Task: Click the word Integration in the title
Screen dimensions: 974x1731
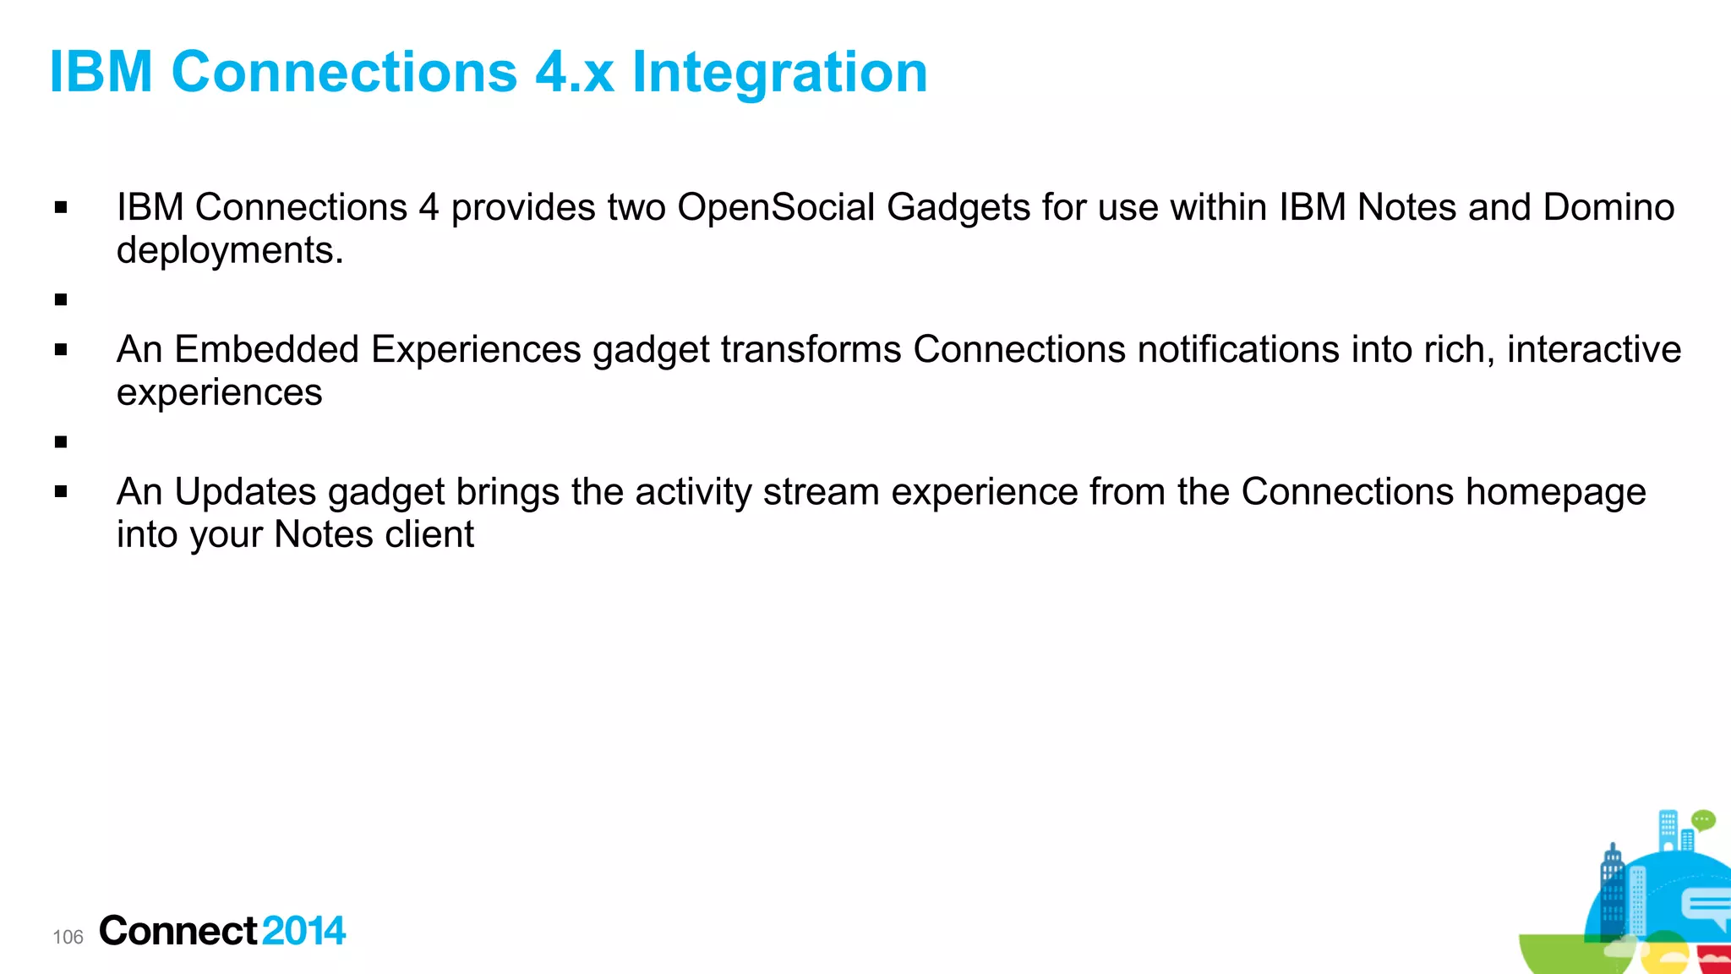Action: coord(779,72)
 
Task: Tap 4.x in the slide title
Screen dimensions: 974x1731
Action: coord(574,72)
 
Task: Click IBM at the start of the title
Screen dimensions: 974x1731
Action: coord(101,72)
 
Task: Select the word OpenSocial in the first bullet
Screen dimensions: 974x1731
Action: coord(775,208)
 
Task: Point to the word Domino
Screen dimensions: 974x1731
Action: coord(1608,208)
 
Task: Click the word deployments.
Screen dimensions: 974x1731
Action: coord(229,251)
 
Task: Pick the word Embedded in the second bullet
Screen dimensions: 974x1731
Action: coord(266,350)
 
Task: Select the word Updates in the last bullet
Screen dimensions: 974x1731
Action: coord(245,492)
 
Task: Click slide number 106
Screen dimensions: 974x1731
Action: coord(68,937)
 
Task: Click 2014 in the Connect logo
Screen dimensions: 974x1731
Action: coord(303,931)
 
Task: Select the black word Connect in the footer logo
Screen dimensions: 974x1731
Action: coord(177,931)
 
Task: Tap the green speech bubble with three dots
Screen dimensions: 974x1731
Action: coord(1703,820)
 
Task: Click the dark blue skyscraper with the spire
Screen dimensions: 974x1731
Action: coord(1612,888)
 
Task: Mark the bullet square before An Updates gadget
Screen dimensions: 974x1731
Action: coord(61,491)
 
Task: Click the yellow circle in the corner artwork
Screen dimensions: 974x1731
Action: coord(1663,955)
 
